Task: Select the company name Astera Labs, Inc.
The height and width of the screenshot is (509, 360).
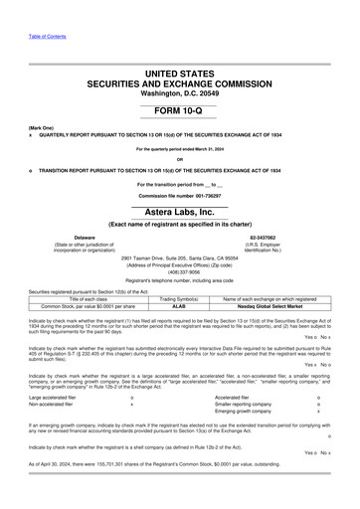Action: pos(180,213)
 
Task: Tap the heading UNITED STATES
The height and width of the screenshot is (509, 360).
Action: pos(180,75)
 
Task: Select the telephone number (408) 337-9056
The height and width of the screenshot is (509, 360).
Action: pos(179,274)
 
